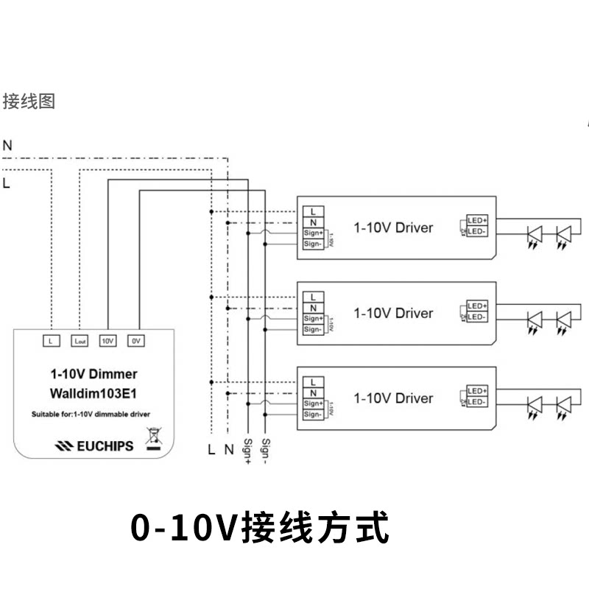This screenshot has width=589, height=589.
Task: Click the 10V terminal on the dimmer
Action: [107, 341]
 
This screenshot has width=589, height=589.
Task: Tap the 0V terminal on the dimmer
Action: [135, 341]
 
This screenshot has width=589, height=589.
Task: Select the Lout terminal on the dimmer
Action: [80, 341]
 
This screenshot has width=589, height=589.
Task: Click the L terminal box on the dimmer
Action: [50, 341]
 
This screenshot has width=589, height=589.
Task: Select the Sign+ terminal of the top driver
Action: [313, 233]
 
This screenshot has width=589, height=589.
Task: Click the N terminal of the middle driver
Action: [313, 308]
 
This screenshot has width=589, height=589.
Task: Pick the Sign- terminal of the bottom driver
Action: [313, 415]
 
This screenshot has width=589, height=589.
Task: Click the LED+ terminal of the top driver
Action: [478, 221]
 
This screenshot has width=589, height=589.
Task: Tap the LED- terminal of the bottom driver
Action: [478, 402]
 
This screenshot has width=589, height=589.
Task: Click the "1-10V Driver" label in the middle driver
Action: [393, 313]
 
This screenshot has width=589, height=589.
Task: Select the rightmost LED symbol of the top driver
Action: [563, 236]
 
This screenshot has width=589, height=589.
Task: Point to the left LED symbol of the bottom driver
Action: [534, 406]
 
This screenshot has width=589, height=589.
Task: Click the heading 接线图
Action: [29, 101]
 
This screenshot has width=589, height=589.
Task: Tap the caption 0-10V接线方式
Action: [259, 529]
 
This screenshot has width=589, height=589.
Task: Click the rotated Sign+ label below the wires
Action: [247, 451]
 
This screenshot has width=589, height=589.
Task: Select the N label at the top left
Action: [7, 146]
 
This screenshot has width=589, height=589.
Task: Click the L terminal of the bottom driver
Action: [313, 382]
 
